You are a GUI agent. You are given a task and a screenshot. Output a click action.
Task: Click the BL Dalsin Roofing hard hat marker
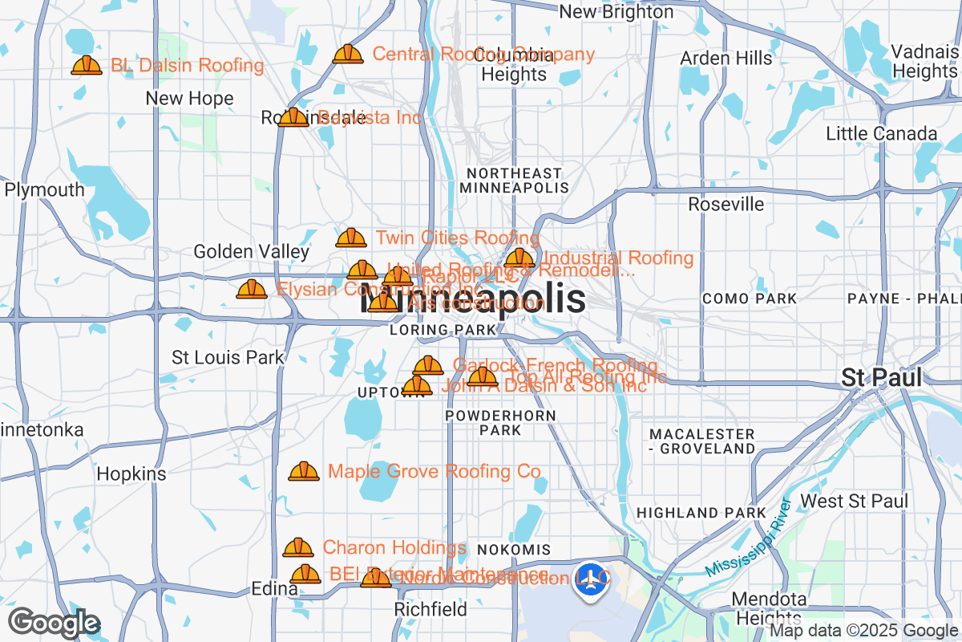(x=87, y=66)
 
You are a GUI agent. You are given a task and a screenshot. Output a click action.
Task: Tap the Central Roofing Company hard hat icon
(x=348, y=55)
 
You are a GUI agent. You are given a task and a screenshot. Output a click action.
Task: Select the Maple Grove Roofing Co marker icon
(x=304, y=472)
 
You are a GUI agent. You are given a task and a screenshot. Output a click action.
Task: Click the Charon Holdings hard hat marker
(x=298, y=548)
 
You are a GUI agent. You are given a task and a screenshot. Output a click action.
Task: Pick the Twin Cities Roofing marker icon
(x=351, y=238)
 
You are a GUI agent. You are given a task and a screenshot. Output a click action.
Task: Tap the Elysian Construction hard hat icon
(x=252, y=289)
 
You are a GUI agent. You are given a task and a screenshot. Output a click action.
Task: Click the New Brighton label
(x=616, y=12)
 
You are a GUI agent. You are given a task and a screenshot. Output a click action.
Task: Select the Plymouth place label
(x=44, y=190)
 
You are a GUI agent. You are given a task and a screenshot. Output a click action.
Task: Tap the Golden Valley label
(x=252, y=252)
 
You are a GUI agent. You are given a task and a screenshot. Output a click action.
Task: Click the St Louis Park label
(x=228, y=357)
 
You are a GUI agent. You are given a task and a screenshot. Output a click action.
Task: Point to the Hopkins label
(x=131, y=474)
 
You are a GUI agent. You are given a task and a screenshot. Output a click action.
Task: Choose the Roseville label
(x=726, y=205)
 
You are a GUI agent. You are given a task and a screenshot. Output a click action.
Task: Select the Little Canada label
(x=881, y=134)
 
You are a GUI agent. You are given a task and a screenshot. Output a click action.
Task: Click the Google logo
(x=55, y=623)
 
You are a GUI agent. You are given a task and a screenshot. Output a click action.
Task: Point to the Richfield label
(x=430, y=610)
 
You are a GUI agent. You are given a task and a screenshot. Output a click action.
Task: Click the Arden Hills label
(x=726, y=59)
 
